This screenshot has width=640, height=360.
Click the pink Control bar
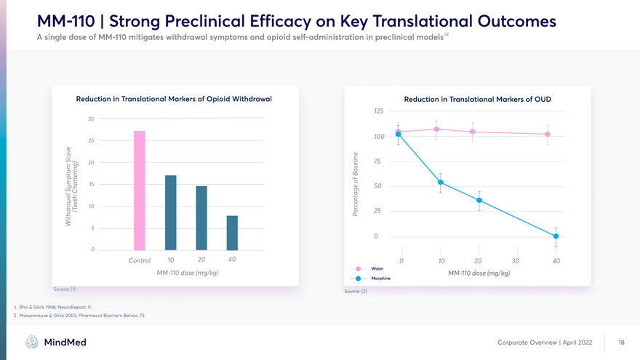pyautogui.click(x=140, y=191)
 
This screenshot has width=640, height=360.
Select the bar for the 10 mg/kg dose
pyautogui.click(x=171, y=212)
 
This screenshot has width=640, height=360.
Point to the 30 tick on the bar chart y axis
pyautogui.click(x=91, y=119)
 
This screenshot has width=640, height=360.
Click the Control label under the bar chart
pyautogui.click(x=139, y=260)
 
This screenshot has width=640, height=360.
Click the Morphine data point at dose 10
pyautogui.click(x=441, y=183)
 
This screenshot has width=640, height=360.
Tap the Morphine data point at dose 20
pyautogui.click(x=479, y=201)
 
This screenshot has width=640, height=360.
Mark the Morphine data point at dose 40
pyautogui.click(x=556, y=236)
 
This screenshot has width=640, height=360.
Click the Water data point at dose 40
pyautogui.click(x=548, y=135)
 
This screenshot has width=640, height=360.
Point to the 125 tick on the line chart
pyautogui.click(x=378, y=111)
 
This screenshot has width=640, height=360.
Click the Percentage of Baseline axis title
pyautogui.click(x=356, y=183)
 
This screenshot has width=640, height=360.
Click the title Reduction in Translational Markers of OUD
pyautogui.click(x=477, y=98)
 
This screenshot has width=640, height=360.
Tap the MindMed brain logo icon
pyautogui.click(x=32, y=342)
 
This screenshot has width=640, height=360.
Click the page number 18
pyautogui.click(x=621, y=342)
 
